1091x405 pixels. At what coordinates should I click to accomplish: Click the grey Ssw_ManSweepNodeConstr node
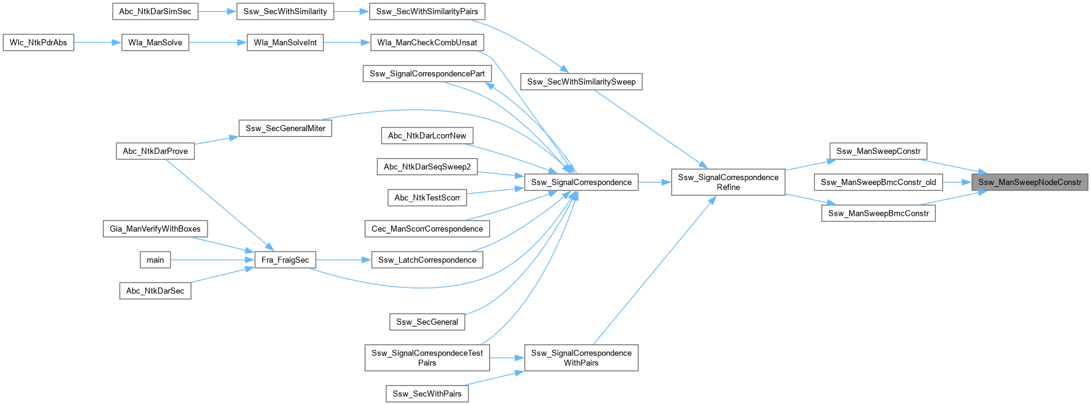(1030, 182)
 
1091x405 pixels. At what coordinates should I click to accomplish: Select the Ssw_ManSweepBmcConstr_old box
(878, 182)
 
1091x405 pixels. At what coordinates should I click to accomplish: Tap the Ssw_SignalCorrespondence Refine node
(728, 182)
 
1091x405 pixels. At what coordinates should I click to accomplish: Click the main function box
(155, 260)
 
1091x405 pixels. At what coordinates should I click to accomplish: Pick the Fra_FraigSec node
(285, 260)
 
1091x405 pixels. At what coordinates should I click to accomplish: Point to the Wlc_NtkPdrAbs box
(39, 43)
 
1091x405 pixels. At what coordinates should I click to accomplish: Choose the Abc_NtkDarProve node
(155, 151)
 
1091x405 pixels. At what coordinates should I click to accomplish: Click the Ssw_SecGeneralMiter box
(285, 128)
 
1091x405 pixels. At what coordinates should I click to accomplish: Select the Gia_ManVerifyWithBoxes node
(155, 229)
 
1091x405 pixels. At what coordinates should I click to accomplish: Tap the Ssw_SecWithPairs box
(427, 393)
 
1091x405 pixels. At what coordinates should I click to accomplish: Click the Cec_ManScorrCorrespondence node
(427, 229)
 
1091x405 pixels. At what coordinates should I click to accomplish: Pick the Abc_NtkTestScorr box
(427, 198)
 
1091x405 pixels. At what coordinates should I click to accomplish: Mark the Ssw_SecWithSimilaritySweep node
(581, 81)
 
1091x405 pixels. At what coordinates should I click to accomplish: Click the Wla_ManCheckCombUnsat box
(427, 42)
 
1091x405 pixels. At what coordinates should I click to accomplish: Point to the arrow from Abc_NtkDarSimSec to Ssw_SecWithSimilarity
(217, 12)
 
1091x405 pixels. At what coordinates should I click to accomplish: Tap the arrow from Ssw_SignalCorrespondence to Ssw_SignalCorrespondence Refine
(654, 182)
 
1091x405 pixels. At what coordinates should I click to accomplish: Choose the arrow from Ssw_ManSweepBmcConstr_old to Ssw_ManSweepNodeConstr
(957, 182)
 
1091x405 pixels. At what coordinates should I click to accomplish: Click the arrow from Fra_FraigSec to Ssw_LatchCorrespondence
(343, 260)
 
